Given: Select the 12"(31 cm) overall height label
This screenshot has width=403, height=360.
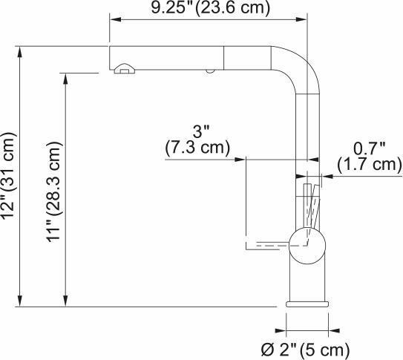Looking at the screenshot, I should click(9, 176).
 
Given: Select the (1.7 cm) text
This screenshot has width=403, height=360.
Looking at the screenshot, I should click(369, 164).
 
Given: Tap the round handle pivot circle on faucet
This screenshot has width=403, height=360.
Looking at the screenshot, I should click(306, 243).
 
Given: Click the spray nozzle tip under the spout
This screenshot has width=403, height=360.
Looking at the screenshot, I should click(125, 70).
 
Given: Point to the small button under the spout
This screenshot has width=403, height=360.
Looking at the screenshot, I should click(210, 71).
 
